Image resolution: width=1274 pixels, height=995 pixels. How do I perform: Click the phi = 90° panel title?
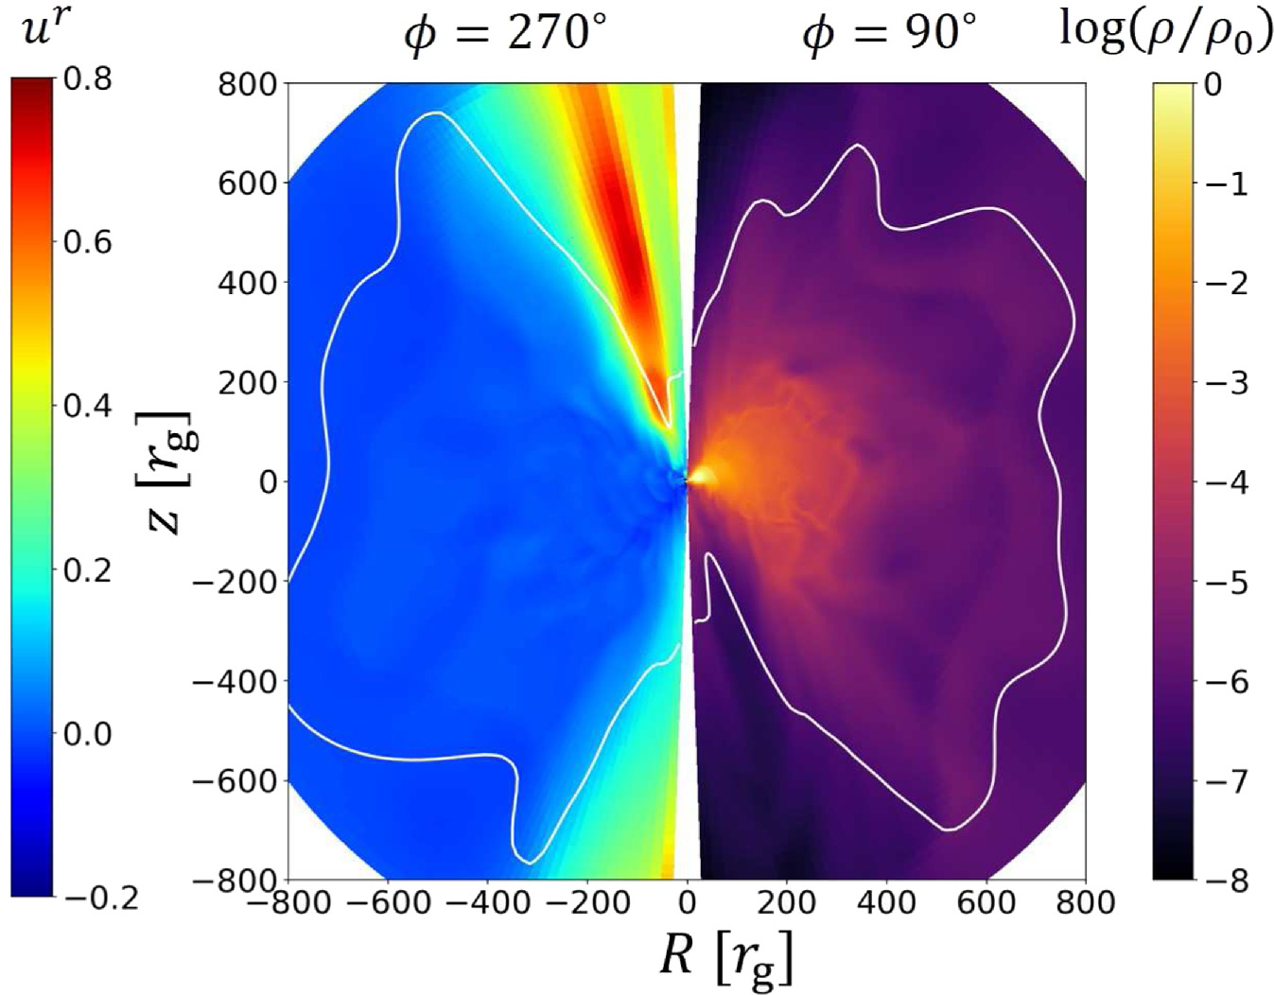888,35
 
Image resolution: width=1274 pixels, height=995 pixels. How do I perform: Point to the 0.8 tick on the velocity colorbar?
87,79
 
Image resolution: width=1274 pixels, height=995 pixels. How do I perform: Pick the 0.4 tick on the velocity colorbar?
87,406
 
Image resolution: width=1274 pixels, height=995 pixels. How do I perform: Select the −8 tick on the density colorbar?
1225,881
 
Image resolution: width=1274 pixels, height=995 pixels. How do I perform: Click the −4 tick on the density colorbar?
1225,482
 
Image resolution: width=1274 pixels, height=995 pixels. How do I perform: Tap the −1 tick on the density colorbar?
1225,183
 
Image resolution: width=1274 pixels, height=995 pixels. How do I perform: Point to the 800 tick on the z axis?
248,84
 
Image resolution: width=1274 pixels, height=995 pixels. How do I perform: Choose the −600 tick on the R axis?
388,902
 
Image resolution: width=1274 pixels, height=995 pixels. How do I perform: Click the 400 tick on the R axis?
887,902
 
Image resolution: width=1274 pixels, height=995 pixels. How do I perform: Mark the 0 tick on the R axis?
688,902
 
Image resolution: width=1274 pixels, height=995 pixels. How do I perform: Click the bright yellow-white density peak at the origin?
700,479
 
